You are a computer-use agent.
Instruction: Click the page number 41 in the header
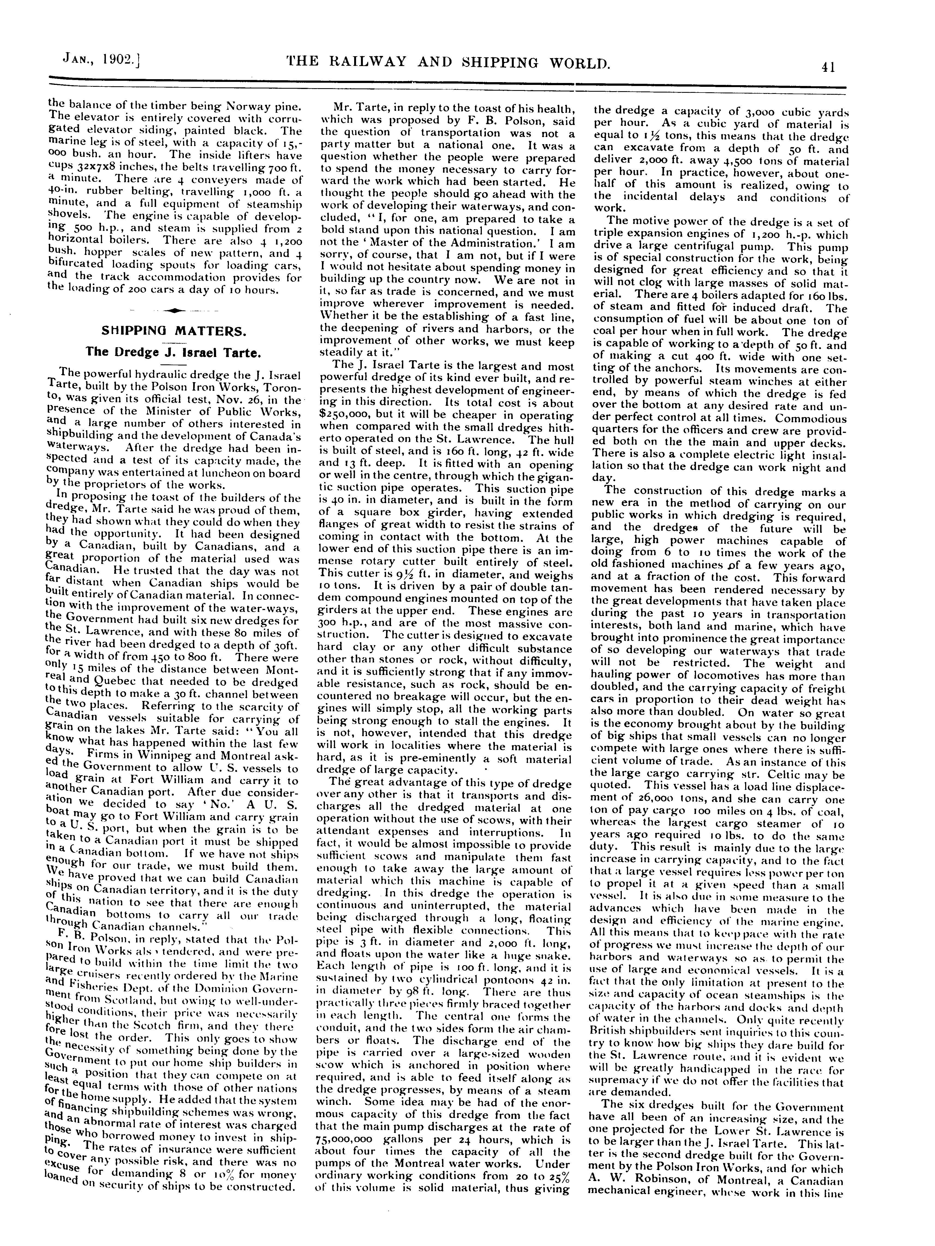(828, 67)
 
